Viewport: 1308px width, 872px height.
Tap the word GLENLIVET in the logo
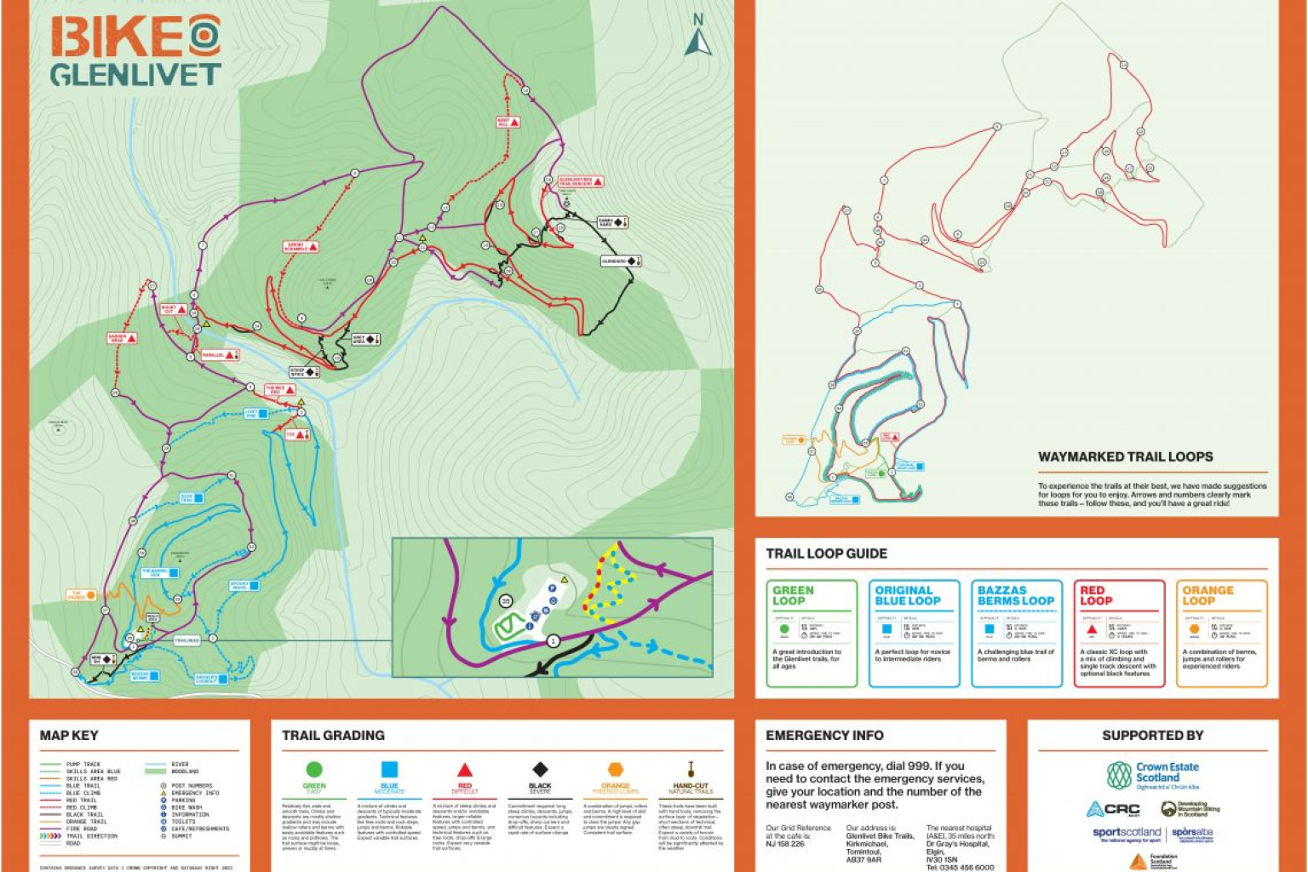click(x=135, y=75)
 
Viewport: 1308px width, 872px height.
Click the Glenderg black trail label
click(x=620, y=261)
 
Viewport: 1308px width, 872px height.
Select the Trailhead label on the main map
click(x=186, y=640)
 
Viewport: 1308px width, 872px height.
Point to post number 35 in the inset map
click(x=506, y=601)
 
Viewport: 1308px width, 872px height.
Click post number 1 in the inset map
click(x=554, y=640)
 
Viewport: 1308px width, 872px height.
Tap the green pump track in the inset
click(x=509, y=627)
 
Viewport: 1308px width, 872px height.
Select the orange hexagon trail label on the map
click(x=82, y=595)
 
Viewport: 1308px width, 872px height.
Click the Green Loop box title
click(x=793, y=595)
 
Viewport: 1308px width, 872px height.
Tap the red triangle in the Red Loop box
click(x=1092, y=629)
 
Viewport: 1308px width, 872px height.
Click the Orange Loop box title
click(x=1207, y=595)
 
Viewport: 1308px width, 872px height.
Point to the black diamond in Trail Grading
click(x=540, y=770)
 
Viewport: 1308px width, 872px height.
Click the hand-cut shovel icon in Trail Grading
click(x=691, y=770)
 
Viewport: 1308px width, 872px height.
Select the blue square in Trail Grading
click(x=389, y=770)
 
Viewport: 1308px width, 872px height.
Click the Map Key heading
click(x=69, y=735)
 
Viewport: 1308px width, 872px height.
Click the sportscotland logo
click(x=1126, y=833)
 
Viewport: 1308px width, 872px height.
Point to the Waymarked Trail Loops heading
click(x=1125, y=456)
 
